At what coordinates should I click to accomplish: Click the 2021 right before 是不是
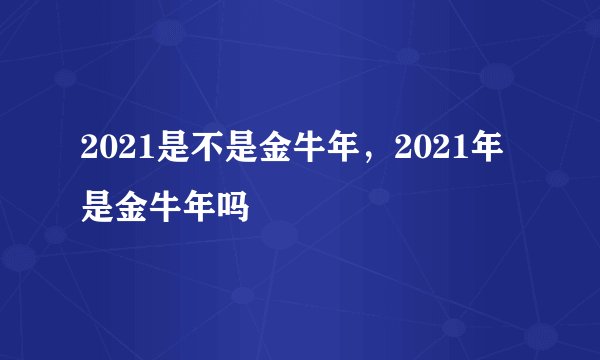pos(112,153)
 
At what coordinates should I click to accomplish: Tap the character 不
pos(191,153)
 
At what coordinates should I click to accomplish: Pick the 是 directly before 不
pos(159,153)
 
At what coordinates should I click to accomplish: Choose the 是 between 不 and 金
pos(223,153)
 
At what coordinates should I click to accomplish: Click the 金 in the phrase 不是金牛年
pos(255,153)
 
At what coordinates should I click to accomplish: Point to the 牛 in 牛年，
pos(287,153)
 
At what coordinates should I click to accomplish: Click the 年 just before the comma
pos(319,153)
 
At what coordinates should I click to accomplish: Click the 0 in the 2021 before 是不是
pos(105,153)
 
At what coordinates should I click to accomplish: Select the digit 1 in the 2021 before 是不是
pos(135,153)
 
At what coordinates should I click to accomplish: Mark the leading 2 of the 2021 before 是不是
pos(89,153)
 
